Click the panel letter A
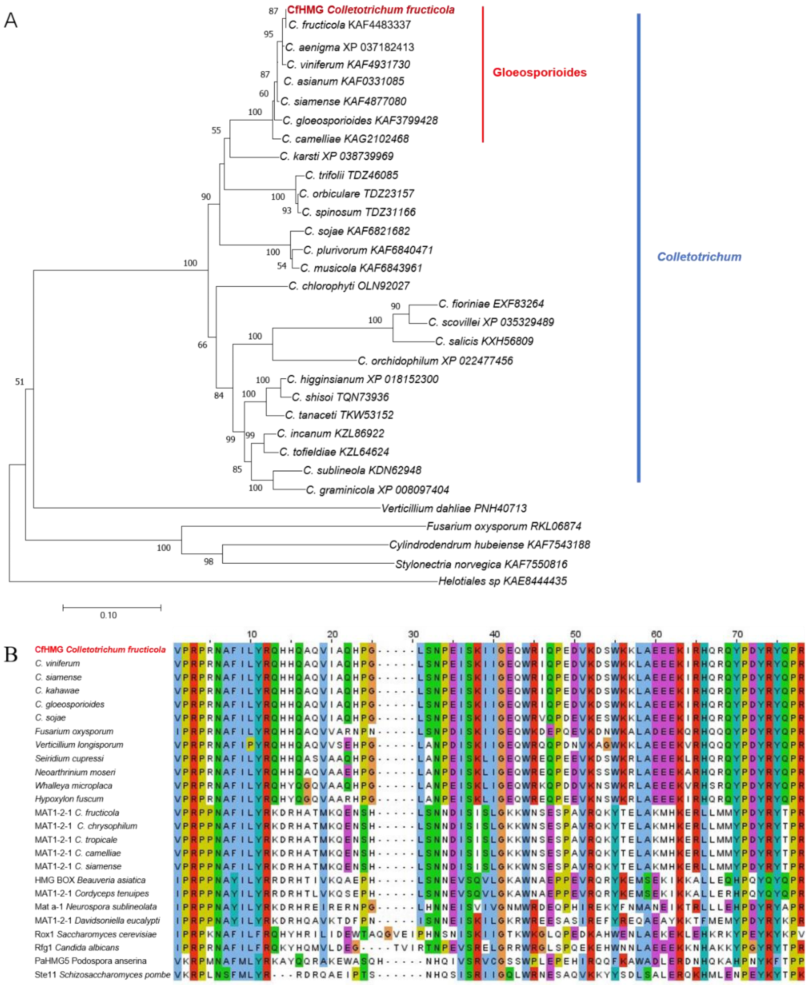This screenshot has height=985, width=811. (10, 20)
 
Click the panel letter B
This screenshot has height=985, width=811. (11, 654)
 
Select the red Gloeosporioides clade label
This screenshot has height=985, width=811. (539, 72)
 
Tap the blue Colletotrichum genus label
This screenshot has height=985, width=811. (699, 257)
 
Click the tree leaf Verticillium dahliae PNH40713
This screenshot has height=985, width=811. (454, 508)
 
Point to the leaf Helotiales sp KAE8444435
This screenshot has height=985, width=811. (502, 581)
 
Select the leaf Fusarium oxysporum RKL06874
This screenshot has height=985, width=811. (504, 526)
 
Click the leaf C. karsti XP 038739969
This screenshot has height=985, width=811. (337, 156)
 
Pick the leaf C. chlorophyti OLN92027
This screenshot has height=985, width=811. (349, 286)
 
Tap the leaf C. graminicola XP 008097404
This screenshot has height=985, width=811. (377, 490)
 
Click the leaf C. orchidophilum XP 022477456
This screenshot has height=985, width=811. (435, 361)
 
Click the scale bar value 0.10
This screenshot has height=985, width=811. (108, 615)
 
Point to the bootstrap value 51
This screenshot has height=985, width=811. (19, 382)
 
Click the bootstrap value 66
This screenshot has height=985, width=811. (202, 345)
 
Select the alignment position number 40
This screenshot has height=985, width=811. (494, 634)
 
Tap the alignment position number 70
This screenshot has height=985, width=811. (737, 634)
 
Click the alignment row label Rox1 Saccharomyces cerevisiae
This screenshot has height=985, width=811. (95, 934)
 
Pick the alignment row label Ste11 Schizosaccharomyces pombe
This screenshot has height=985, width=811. (102, 975)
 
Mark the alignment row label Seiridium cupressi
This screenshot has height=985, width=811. (69, 759)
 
